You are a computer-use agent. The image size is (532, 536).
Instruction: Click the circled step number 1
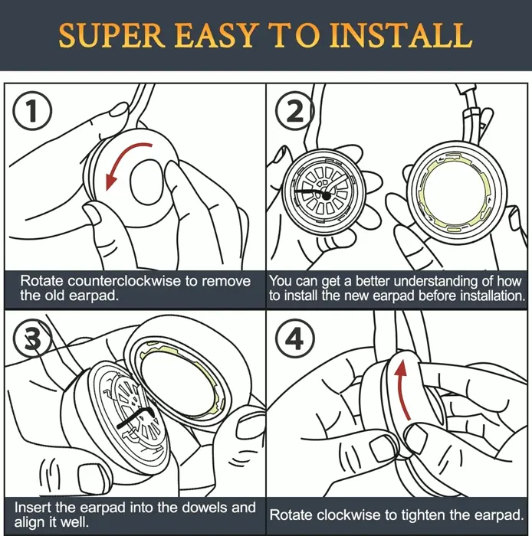[31, 113]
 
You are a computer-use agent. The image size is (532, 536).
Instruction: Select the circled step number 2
[295, 113]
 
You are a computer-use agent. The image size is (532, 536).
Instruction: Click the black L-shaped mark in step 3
[138, 420]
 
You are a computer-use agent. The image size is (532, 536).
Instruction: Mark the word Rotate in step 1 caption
[41, 281]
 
